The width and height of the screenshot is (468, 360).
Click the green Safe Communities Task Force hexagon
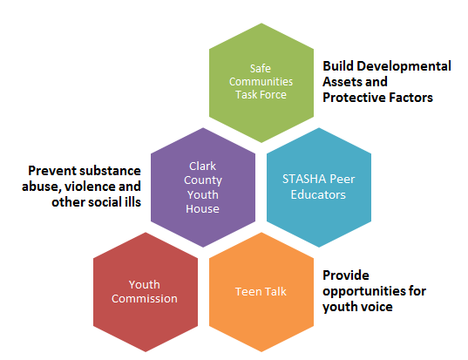tap(261, 83)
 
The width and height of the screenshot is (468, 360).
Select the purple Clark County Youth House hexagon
tap(203, 187)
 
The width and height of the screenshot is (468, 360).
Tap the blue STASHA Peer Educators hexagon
tap(319, 187)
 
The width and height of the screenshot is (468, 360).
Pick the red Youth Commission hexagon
tap(146, 292)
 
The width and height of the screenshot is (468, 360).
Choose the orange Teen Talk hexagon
tap(261, 292)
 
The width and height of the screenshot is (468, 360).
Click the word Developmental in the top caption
tap(404, 66)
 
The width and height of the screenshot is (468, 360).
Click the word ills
tap(132, 202)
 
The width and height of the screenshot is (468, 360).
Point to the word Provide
tap(346, 275)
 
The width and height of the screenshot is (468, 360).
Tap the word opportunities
tap(364, 292)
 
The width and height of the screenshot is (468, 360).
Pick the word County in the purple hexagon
tap(203, 180)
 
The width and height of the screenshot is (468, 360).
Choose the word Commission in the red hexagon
tap(145, 299)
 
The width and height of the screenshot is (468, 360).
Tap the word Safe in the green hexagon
tap(261, 69)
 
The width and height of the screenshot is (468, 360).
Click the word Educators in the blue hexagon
tap(318, 195)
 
